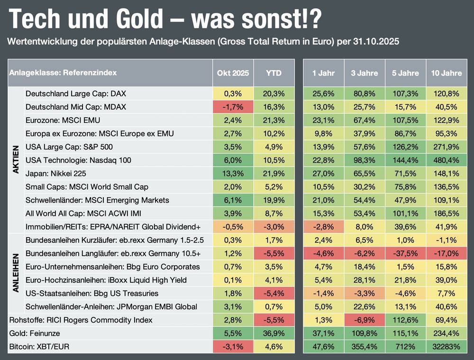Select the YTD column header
tap(274, 73)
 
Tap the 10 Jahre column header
tap(446, 73)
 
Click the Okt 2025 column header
tap(233, 73)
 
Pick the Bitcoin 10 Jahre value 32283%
tap(446, 347)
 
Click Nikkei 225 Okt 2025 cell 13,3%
tap(233, 174)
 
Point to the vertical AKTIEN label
tap(16, 160)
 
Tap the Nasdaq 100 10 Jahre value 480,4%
tap(446, 160)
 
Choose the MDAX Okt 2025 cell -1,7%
tap(233, 107)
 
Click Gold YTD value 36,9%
tap(274, 333)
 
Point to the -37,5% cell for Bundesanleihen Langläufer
tap(405, 254)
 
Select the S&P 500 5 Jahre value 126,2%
tap(405, 147)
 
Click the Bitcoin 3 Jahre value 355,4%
tap(365, 347)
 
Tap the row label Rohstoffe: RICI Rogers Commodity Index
tap(81, 320)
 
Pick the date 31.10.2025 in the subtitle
tap(376, 42)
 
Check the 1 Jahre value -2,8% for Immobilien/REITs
tap(324, 227)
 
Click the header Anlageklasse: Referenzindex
tap(63, 73)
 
